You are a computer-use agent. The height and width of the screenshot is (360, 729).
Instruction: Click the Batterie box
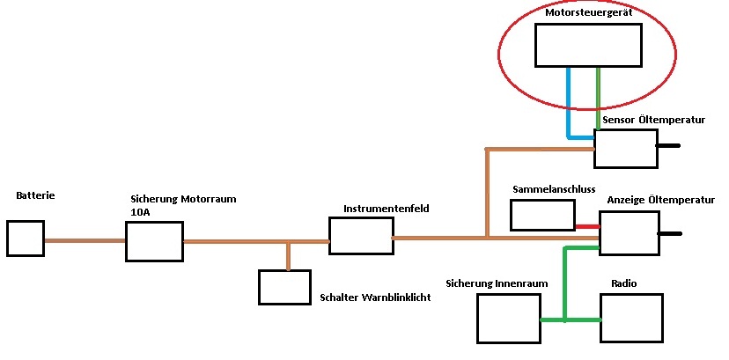pos(25,238)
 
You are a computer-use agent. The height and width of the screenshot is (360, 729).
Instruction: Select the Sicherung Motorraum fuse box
pos(154,241)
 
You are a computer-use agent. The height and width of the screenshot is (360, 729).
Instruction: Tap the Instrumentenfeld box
pos(360,235)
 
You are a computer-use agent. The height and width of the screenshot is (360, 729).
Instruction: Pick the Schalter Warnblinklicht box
pos(284,287)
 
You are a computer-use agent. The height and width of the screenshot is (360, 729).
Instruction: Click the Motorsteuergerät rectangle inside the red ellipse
pos(588,45)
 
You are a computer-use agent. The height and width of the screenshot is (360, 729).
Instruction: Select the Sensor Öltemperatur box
pos(625,148)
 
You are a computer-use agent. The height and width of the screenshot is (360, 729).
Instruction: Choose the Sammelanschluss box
pos(542,215)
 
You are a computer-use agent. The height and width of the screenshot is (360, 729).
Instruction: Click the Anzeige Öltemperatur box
pos(629,233)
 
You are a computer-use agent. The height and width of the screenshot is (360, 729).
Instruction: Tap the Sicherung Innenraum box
pos(508,318)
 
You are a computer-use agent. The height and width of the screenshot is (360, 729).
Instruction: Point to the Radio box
pos(631,318)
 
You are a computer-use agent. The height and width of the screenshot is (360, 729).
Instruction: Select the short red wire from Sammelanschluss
pos(588,225)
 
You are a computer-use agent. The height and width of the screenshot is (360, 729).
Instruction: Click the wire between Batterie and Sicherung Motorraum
pos(85,240)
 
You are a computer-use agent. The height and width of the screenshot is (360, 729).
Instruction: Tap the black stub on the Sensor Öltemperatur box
pos(668,146)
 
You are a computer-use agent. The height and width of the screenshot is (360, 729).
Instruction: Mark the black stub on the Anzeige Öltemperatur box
pos(670,234)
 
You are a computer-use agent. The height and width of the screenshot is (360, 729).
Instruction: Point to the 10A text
pos(141,212)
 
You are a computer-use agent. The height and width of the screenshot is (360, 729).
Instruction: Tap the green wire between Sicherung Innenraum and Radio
pos(570,320)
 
